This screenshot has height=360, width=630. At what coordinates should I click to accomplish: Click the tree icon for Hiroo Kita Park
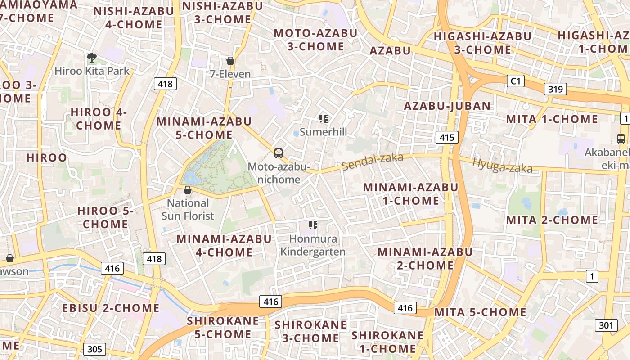click(x=92, y=57)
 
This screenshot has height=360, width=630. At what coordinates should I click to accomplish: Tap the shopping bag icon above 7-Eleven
click(x=230, y=60)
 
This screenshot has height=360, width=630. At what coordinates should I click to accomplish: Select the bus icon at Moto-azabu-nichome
click(x=279, y=153)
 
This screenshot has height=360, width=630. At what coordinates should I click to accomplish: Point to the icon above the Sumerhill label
click(x=323, y=119)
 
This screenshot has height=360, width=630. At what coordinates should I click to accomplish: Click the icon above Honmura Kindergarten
click(x=313, y=225)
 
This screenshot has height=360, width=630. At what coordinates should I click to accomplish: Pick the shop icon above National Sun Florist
click(x=188, y=190)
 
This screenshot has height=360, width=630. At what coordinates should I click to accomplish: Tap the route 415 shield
click(x=447, y=137)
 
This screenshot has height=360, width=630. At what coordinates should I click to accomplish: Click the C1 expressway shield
click(x=516, y=81)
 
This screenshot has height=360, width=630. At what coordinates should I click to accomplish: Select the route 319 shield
click(x=555, y=89)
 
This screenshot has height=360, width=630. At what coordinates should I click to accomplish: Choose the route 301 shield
click(x=606, y=325)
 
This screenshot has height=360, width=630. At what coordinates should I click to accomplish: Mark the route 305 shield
click(x=94, y=349)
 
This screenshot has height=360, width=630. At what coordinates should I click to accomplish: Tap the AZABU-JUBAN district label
click(x=447, y=106)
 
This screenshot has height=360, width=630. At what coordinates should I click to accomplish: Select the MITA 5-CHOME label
click(x=480, y=312)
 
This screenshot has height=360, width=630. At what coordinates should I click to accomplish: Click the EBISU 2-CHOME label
click(x=111, y=308)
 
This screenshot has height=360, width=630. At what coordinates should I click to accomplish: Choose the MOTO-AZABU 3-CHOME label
click(x=315, y=40)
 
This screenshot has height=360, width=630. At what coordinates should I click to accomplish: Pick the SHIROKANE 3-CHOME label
click(x=310, y=331)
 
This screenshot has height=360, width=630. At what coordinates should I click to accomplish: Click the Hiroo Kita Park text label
click(x=92, y=71)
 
